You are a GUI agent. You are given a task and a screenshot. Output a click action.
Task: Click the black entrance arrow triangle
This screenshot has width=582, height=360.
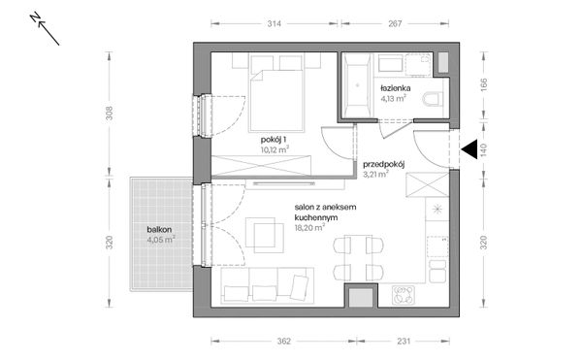(469, 149)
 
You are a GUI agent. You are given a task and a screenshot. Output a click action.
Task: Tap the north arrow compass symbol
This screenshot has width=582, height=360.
(45, 29)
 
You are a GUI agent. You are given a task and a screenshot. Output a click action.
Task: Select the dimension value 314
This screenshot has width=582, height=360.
(274, 23)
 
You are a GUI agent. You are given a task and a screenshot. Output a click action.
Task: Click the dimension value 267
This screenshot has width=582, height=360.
(395, 23)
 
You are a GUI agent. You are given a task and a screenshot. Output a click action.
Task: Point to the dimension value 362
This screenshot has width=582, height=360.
(283, 341)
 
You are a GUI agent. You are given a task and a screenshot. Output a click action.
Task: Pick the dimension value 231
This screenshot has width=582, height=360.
(404, 341)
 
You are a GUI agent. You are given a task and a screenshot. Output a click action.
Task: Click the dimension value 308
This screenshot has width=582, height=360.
(109, 114)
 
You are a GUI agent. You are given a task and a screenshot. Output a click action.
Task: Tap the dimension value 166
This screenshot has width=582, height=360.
(483, 85)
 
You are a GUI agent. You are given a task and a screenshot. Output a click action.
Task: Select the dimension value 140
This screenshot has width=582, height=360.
(483, 149)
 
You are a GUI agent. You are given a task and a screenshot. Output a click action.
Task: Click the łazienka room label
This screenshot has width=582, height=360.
(396, 88)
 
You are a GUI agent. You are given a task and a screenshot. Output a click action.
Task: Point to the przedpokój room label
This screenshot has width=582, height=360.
(383, 164)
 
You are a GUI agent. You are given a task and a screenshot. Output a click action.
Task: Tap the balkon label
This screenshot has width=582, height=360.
(159, 230)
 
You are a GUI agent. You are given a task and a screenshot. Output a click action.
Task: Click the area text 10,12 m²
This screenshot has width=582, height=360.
(275, 149)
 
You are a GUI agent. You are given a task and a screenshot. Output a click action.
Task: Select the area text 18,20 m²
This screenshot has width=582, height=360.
(310, 227)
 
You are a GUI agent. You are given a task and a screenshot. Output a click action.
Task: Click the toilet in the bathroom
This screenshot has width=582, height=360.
(433, 100)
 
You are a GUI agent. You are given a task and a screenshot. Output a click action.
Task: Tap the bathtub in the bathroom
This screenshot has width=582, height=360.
(357, 85)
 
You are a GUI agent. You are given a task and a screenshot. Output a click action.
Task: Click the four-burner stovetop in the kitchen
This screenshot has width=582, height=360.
(404, 295)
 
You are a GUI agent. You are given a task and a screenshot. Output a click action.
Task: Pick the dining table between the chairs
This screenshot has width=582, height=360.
(358, 258)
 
